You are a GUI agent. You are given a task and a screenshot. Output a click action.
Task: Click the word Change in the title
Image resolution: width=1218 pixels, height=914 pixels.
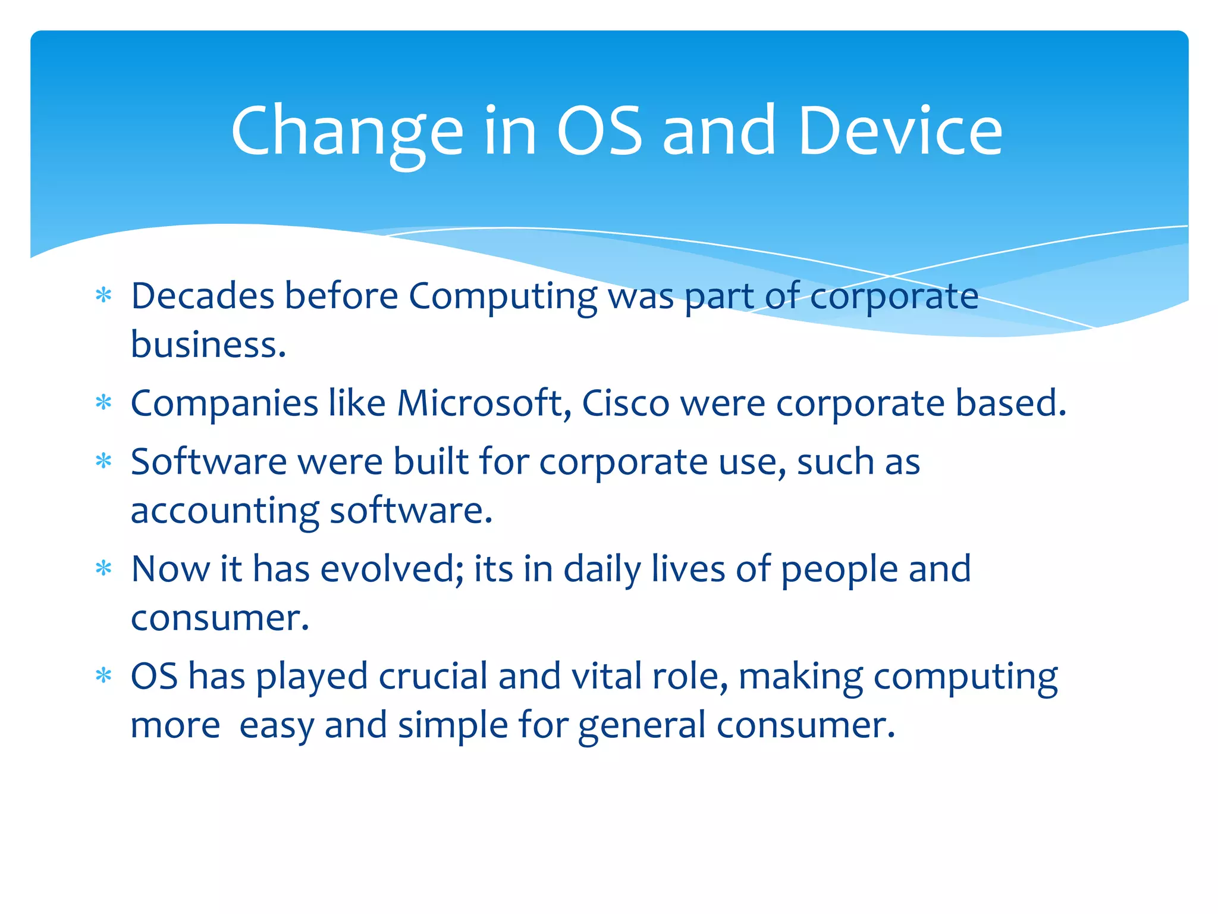347,131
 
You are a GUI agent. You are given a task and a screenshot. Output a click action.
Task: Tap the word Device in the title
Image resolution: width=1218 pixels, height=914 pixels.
900,131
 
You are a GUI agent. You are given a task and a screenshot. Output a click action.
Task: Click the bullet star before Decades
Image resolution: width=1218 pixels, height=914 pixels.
103,296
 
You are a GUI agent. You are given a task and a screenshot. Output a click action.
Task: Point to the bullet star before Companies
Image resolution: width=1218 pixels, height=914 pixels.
103,403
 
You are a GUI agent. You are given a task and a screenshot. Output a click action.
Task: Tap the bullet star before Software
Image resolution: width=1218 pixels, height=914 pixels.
103,461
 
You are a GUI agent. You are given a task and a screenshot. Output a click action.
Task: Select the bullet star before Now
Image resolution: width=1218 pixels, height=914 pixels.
103,569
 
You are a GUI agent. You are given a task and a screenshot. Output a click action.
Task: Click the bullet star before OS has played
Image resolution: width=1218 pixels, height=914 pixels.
103,676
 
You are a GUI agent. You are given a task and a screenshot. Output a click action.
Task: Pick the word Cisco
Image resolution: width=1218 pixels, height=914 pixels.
625,403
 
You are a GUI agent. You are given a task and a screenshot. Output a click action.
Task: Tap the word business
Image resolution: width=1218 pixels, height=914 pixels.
208,345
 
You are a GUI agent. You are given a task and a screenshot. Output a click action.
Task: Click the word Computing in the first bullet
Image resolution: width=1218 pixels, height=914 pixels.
503,297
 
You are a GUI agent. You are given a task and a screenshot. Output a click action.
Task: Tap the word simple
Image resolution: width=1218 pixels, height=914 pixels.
453,726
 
